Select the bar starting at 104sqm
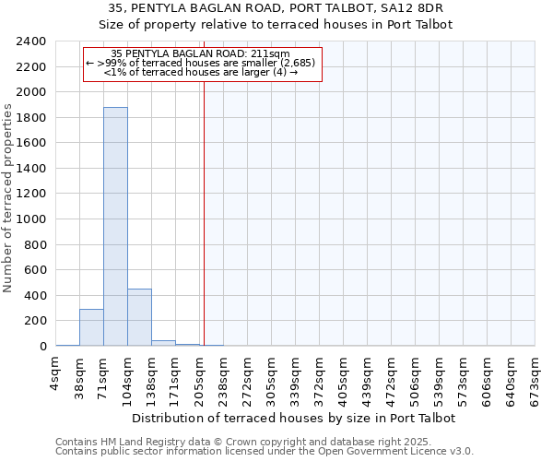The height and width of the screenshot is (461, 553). [139, 317]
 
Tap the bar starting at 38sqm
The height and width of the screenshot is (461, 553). [91, 327]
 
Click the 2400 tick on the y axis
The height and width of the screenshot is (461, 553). [31, 41]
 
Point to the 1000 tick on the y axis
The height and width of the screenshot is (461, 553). [31, 219]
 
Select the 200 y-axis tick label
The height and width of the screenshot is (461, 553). [35, 321]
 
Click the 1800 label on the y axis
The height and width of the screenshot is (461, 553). [31, 118]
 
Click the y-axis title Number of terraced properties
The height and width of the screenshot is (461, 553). [8, 198]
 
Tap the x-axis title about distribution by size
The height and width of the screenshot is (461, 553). [294, 418]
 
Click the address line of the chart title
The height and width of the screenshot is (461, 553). [294, 8]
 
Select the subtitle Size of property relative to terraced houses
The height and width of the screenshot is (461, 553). [294, 25]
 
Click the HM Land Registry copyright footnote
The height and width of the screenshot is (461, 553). [263, 442]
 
